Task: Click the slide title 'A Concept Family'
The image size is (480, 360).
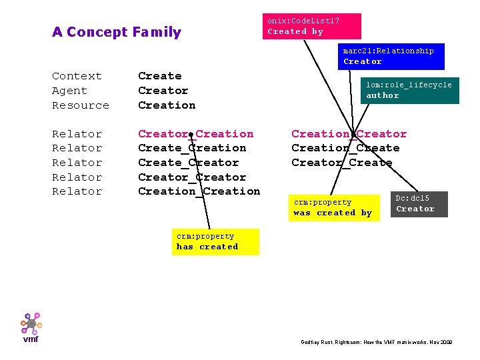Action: [117, 32]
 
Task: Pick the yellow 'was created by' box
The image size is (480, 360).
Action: [333, 208]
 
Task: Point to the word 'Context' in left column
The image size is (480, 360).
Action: [77, 76]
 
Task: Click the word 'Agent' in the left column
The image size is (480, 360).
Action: [69, 91]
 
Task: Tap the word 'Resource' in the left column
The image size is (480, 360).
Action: [80, 105]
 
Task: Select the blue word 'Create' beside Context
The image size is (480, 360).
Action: [159, 76]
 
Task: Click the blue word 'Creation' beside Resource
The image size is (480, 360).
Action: [167, 105]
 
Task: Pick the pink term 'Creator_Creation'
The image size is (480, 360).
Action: [195, 134]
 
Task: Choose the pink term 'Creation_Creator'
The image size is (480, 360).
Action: [349, 134]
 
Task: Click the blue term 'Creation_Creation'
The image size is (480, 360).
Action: [199, 191]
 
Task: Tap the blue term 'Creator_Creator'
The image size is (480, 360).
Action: [192, 177]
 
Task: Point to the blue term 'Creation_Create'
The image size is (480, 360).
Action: [345, 148]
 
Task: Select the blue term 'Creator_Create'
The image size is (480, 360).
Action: [341, 163]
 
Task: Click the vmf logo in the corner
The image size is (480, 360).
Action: [31, 327]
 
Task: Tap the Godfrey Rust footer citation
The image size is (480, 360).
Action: [377, 342]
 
